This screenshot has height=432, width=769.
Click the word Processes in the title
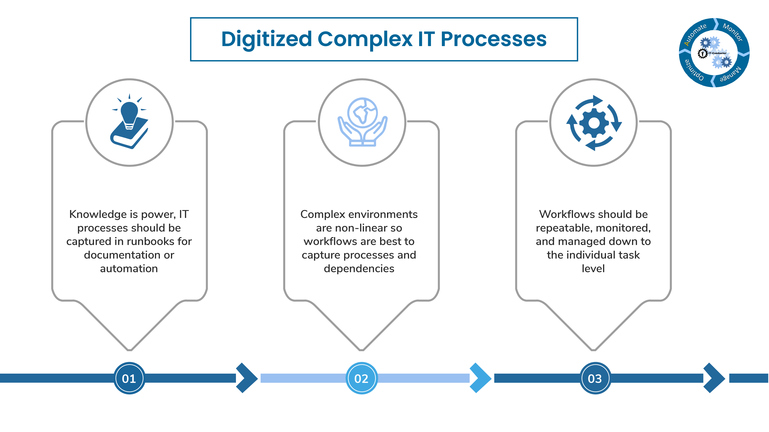(x=493, y=39)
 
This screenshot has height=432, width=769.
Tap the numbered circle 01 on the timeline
(x=129, y=378)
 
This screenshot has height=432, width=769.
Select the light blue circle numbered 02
(x=361, y=378)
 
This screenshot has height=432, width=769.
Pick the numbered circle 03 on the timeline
(x=595, y=378)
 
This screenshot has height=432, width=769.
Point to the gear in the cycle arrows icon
(x=594, y=123)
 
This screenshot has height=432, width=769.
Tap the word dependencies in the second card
(x=359, y=268)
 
